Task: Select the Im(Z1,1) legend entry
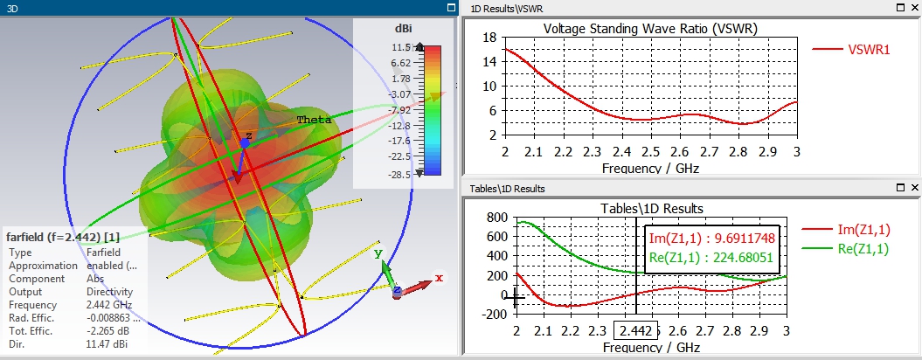pyautogui.click(x=863, y=229)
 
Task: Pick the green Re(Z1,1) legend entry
pyautogui.click(x=863, y=249)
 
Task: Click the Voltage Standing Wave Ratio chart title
pyautogui.click(x=650, y=28)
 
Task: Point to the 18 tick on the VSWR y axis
pyautogui.click(x=489, y=38)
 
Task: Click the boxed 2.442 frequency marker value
pyautogui.click(x=634, y=332)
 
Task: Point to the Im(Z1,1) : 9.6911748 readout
pyautogui.click(x=711, y=238)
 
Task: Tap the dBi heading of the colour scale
pyautogui.click(x=403, y=29)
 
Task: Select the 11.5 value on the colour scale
pyautogui.click(x=401, y=47)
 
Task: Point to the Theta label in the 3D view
pyautogui.click(x=314, y=120)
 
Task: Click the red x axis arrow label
pyautogui.click(x=439, y=278)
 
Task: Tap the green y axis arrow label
pyautogui.click(x=378, y=254)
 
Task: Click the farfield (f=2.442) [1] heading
pyautogui.click(x=63, y=237)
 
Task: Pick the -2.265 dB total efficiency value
pyautogui.click(x=106, y=332)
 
